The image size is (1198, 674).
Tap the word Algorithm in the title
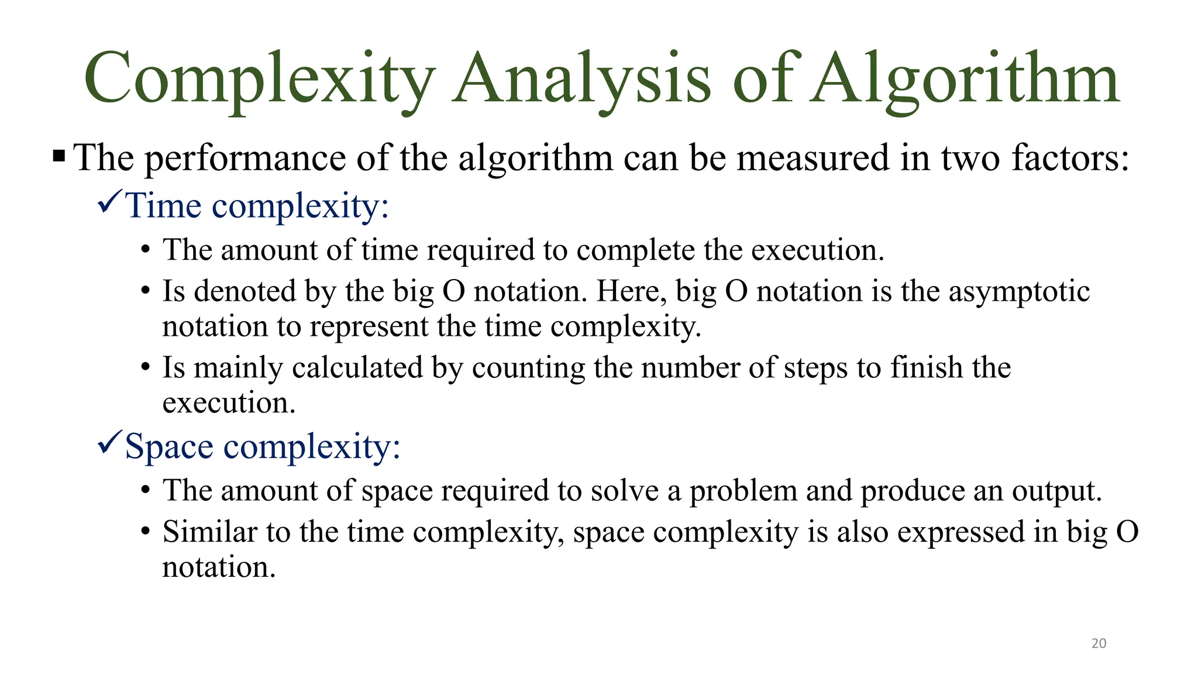pyautogui.click(x=966, y=79)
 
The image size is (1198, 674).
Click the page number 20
pyautogui.click(x=1099, y=643)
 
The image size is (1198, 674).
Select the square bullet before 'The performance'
pyautogui.click(x=59, y=157)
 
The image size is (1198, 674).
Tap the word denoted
pyautogui.click(x=245, y=291)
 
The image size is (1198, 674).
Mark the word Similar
pyautogui.click(x=209, y=532)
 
